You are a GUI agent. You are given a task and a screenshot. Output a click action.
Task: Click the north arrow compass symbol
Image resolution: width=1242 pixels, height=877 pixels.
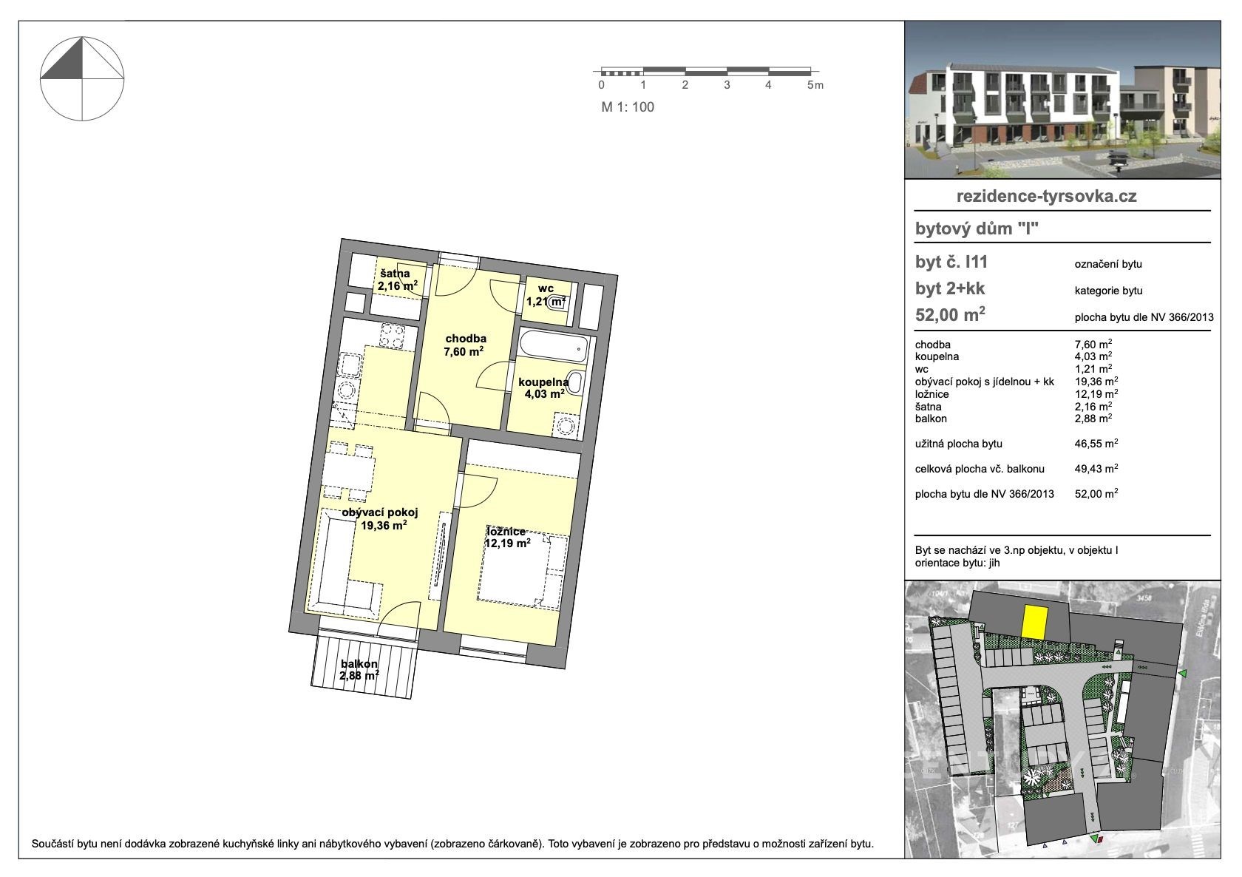point(82,79)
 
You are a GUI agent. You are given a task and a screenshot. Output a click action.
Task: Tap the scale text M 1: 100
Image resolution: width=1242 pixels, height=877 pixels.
point(628,107)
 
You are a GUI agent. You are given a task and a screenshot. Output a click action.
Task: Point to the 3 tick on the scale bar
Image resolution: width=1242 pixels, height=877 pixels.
point(727,85)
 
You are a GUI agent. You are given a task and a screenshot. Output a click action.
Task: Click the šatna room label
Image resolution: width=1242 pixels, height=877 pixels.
point(396,274)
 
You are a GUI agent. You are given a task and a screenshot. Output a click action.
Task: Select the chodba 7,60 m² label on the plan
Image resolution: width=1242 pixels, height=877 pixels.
point(464,345)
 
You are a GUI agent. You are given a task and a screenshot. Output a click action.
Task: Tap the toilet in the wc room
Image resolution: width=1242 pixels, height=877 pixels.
point(556,301)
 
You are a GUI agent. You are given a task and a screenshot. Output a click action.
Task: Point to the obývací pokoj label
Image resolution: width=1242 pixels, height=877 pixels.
point(380,512)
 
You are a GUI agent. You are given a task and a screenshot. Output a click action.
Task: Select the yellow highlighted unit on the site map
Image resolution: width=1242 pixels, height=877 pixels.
point(1035,621)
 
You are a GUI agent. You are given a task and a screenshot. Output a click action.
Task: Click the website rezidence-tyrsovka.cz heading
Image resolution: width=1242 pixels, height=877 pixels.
point(1047,196)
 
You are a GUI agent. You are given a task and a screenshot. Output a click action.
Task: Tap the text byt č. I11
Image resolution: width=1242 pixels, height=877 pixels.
point(951,262)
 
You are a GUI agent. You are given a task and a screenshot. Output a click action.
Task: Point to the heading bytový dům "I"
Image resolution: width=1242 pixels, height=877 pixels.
point(977,228)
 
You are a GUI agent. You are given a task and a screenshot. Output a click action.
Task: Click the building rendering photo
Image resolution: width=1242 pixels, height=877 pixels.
point(1062,100)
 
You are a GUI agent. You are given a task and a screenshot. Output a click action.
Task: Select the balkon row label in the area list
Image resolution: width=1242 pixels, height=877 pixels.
point(931,419)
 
